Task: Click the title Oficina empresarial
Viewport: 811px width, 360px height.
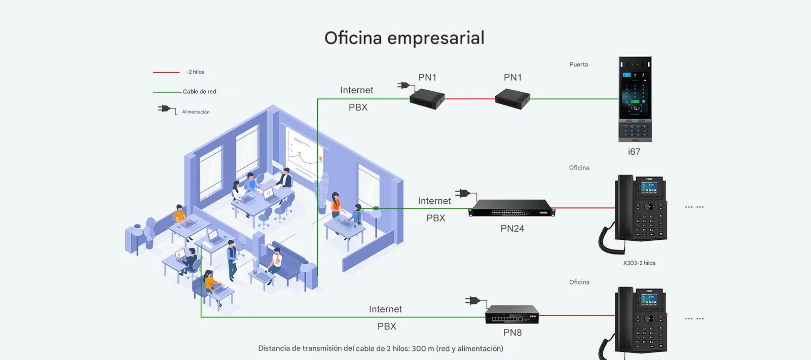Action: [404, 38]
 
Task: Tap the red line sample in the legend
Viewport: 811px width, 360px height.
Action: [166, 73]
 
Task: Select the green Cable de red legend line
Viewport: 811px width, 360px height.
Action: [167, 92]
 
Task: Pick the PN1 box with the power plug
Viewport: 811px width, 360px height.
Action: [427, 99]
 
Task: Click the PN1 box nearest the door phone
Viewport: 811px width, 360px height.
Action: [512, 99]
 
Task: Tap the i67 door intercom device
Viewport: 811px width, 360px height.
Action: [635, 99]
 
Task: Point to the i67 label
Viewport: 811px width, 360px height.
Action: [634, 152]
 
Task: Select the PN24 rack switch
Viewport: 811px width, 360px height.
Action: [511, 208]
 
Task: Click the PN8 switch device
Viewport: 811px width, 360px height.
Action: [512, 314]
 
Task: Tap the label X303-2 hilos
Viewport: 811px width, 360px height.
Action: [639, 263]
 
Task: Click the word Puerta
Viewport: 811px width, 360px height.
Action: [579, 64]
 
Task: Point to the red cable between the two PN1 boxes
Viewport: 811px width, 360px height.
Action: [470, 98]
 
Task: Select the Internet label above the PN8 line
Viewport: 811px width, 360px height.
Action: [385, 309]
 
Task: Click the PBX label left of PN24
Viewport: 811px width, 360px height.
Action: [435, 218]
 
